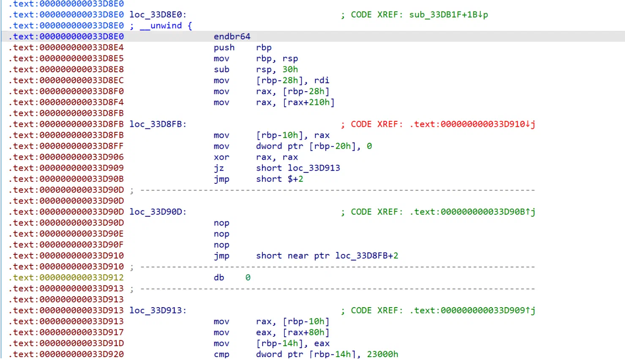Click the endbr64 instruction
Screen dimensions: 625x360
point(232,37)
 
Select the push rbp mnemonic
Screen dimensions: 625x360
point(224,47)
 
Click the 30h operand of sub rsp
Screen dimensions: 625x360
point(290,69)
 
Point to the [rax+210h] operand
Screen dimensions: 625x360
point(308,102)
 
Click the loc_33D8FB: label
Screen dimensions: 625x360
point(158,124)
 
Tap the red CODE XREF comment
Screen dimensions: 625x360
point(438,124)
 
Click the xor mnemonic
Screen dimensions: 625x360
point(221,157)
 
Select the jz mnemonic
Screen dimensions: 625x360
point(219,168)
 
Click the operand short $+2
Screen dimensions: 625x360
point(280,179)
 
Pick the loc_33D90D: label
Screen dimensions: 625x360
point(158,212)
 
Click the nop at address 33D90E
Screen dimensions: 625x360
point(221,234)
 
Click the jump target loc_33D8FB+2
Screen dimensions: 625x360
point(367,256)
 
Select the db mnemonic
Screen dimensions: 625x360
point(219,278)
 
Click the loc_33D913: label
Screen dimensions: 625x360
point(158,310)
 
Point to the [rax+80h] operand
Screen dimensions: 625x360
point(306,333)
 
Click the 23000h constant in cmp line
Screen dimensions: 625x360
point(382,354)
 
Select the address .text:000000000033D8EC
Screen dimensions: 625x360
point(66,80)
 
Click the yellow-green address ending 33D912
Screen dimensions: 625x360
point(66,278)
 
